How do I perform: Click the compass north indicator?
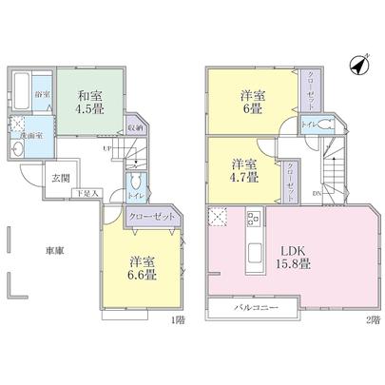pyautogui.click(x=360, y=66)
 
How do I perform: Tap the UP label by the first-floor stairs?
pyautogui.click(x=107, y=147)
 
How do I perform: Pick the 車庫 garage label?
pyautogui.click(x=52, y=250)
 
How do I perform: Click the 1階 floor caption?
pyautogui.click(x=179, y=318)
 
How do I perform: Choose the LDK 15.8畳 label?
pyautogui.click(x=294, y=254)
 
